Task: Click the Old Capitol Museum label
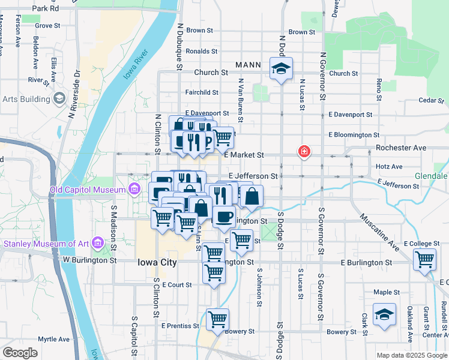click(x=87, y=190)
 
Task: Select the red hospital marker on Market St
click(x=305, y=152)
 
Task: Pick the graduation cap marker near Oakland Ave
click(x=384, y=314)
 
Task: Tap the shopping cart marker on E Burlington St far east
click(x=424, y=260)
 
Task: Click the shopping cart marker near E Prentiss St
click(x=217, y=319)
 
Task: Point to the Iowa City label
click(x=157, y=262)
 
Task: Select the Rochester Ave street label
click(x=401, y=148)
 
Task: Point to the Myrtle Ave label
click(x=54, y=339)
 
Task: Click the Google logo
click(x=21, y=353)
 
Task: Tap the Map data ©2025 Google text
click(x=412, y=355)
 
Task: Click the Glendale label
click(x=431, y=176)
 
